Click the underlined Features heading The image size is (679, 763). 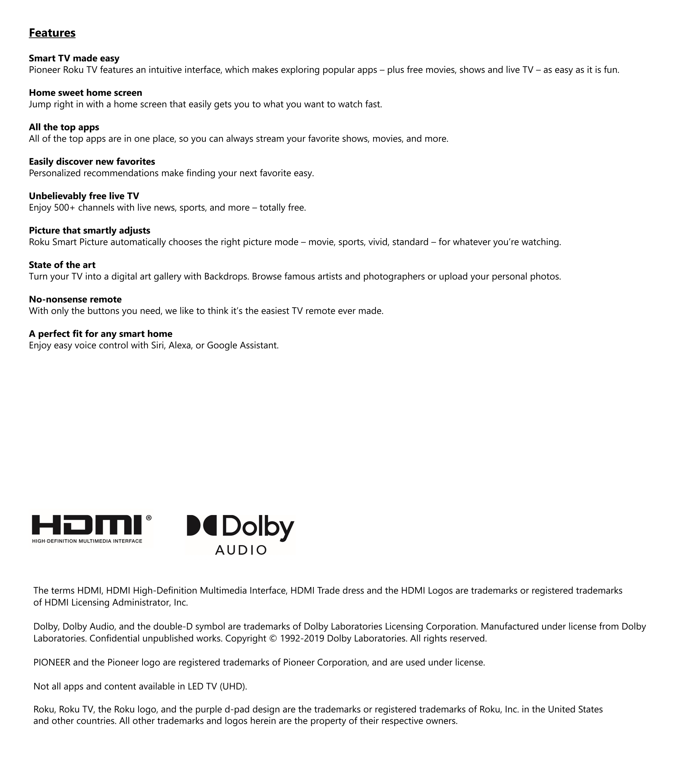(x=52, y=33)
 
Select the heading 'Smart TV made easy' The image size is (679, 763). (x=74, y=58)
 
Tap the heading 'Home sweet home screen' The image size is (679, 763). (x=85, y=93)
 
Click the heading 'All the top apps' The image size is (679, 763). (x=64, y=127)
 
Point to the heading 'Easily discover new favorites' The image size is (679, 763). (x=92, y=162)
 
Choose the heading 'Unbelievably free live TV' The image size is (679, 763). (x=84, y=196)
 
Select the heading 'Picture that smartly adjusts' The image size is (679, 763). (x=89, y=230)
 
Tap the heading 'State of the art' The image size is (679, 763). (x=62, y=265)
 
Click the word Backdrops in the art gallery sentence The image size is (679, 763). (x=226, y=277)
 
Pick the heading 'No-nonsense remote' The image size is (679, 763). (x=75, y=300)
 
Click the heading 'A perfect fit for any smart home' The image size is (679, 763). (x=100, y=334)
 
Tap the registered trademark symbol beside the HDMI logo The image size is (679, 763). (x=149, y=518)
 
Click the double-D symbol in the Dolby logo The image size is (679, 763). (x=202, y=526)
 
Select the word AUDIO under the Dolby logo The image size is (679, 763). (x=241, y=550)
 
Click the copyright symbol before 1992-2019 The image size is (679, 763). (x=273, y=639)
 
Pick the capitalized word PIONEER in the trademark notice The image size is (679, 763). (x=52, y=663)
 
